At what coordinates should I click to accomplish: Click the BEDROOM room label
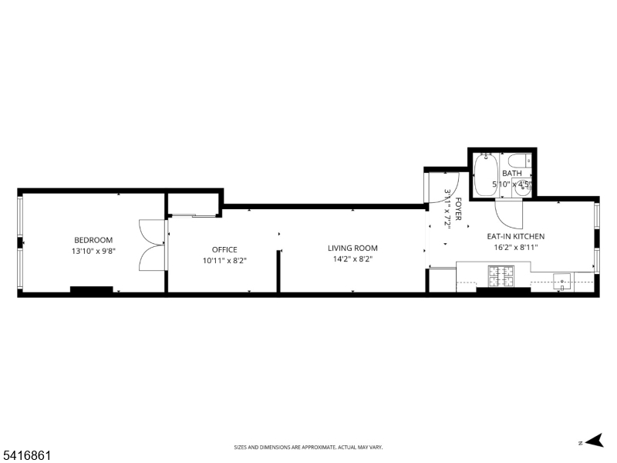(x=93, y=240)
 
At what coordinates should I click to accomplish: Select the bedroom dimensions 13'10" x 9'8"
(x=93, y=251)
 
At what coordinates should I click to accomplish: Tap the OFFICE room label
(x=224, y=249)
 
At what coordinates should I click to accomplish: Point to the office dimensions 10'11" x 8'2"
(x=224, y=260)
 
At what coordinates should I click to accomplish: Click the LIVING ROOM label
(x=352, y=248)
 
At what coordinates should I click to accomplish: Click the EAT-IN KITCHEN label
(x=515, y=236)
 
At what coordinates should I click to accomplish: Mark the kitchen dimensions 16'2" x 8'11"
(x=515, y=248)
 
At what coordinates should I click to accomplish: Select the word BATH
(x=511, y=174)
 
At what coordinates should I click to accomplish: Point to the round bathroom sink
(x=524, y=187)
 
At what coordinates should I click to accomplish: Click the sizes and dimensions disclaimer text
(x=308, y=447)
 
